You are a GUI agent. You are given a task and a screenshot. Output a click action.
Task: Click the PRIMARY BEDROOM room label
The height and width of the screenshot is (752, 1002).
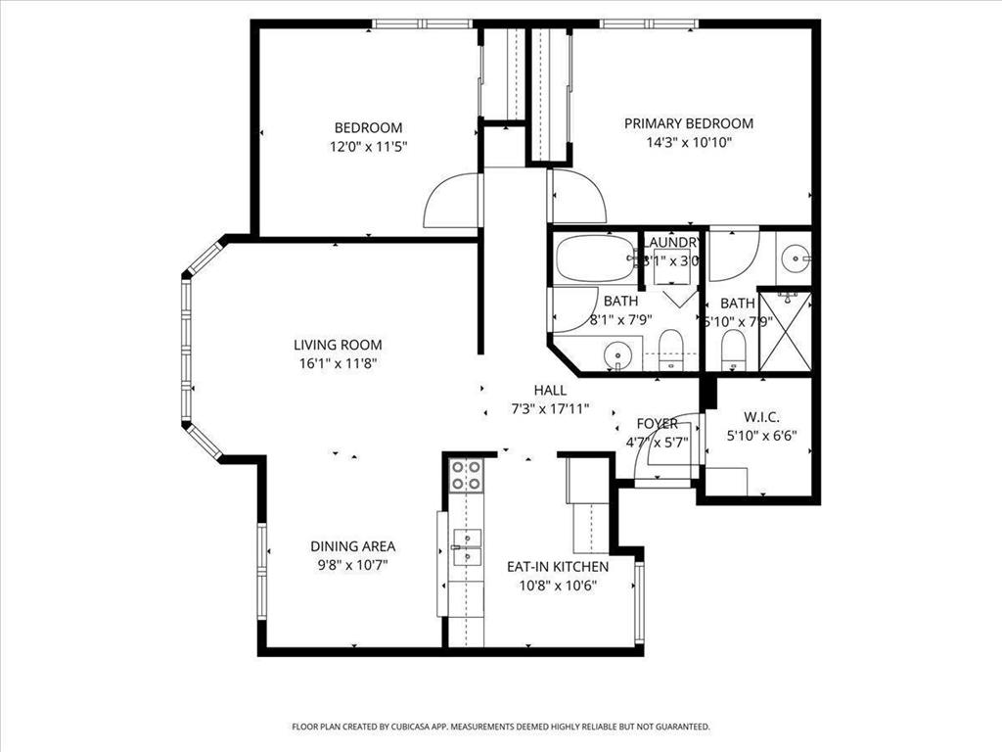(689, 123)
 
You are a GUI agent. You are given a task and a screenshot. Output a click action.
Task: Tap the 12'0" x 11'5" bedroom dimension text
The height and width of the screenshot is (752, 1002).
(368, 147)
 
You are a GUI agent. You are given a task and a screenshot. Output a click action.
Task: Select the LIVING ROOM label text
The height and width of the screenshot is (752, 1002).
(338, 345)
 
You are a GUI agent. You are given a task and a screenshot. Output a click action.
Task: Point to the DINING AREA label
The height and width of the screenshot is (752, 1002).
(352, 546)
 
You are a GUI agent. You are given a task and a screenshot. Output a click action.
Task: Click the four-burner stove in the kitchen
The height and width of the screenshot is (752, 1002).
(466, 475)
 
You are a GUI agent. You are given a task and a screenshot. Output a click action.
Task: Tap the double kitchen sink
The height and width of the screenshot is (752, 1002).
(466, 548)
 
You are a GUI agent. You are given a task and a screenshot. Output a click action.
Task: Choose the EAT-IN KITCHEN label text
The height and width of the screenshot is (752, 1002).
(557, 566)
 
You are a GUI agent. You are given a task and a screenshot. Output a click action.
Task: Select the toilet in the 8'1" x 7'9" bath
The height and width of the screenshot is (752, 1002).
(670, 347)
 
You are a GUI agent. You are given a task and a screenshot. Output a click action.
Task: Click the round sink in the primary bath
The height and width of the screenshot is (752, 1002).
(796, 259)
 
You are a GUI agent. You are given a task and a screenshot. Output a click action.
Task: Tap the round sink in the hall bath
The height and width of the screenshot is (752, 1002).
(615, 353)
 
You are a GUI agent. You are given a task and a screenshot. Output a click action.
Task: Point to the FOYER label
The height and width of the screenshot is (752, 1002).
(657, 424)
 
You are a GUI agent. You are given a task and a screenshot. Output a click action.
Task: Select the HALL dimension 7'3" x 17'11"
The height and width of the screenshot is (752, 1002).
(550, 409)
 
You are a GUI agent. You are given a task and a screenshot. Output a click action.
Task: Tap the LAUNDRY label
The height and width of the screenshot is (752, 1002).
(671, 242)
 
